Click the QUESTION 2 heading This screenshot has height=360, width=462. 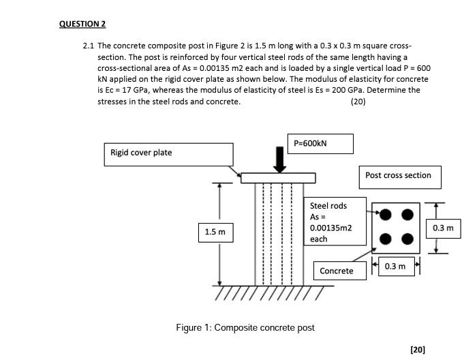pos(82,24)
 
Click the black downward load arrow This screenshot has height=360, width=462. pos(279,158)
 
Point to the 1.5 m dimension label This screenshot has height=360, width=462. pos(215,232)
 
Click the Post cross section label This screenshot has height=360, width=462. pos(398,176)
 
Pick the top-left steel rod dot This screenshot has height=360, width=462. pos(386,215)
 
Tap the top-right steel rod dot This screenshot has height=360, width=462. pos(407,215)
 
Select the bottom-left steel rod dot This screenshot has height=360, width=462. pos(386,239)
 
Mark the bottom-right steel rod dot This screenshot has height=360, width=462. pos(407,239)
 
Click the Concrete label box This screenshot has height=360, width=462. pos(337,271)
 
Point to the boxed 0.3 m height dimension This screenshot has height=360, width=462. pos(442,228)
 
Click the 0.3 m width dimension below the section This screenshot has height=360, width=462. pos(395,266)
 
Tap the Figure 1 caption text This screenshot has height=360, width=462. pos(245,328)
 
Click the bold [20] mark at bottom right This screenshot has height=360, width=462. pos(418,349)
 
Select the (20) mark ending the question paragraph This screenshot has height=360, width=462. pos(357,102)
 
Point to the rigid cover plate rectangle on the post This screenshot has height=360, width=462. pos(277,178)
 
